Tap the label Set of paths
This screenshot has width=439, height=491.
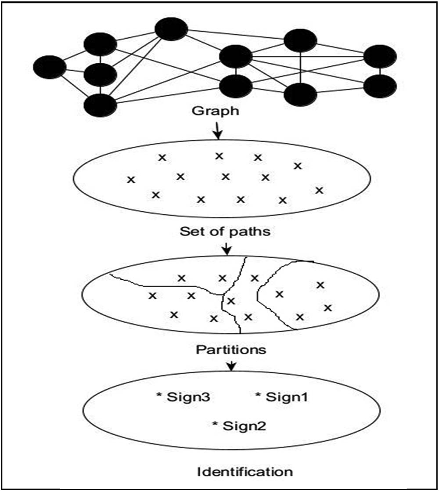(x=224, y=231)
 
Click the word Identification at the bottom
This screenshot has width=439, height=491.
(x=245, y=472)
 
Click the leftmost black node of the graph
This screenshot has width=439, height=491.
(x=50, y=67)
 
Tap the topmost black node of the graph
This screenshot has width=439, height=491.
(x=171, y=29)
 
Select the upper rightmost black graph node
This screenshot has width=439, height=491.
(x=380, y=56)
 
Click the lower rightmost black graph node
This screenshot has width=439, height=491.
(x=380, y=86)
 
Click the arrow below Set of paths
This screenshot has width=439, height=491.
(x=226, y=249)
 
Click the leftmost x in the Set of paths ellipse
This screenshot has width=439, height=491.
(x=130, y=179)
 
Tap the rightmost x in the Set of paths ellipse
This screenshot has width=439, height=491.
(x=319, y=190)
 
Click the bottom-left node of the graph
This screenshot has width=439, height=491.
(x=101, y=105)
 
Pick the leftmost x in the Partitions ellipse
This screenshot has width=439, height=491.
(x=153, y=296)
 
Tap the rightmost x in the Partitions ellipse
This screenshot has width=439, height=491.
(x=327, y=307)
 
